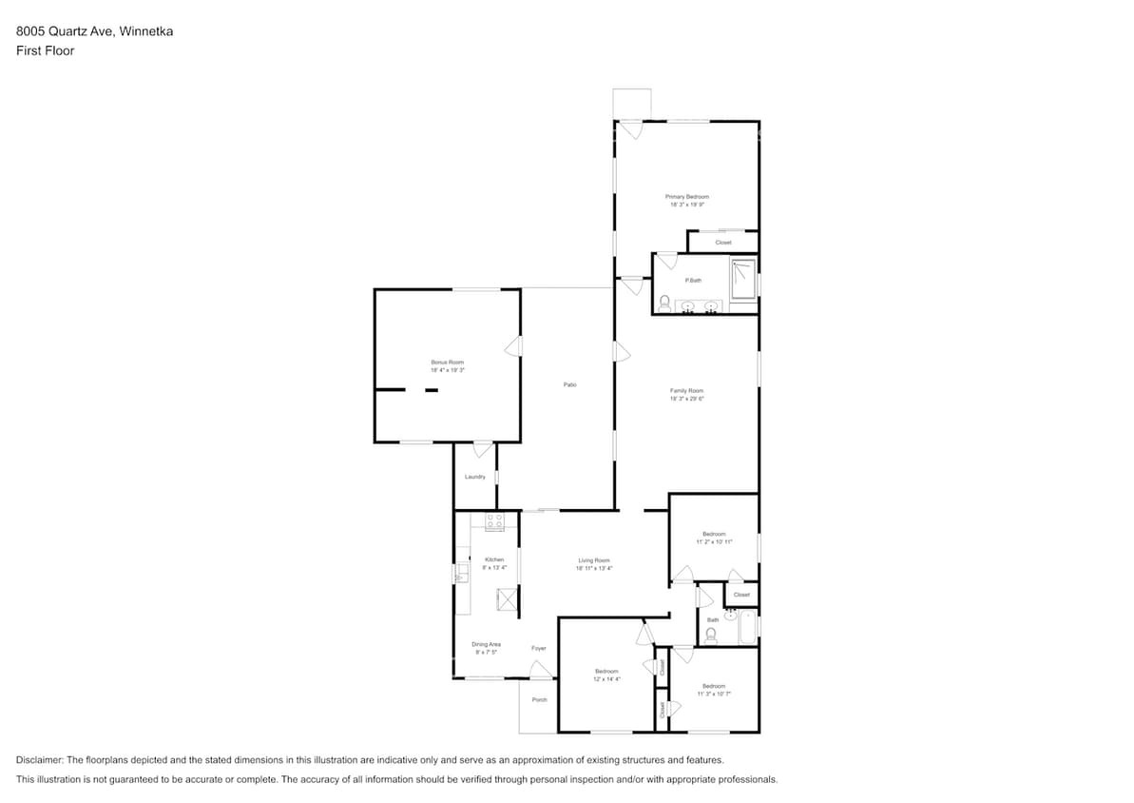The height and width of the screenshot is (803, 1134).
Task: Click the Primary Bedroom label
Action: (686, 197)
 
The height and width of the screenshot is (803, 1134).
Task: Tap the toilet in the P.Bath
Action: (664, 304)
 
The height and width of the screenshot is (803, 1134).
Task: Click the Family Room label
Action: (686, 391)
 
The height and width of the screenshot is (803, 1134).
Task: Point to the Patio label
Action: (569, 384)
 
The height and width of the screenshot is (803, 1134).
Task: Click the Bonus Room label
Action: (447, 362)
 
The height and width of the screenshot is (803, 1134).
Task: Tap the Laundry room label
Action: (475, 477)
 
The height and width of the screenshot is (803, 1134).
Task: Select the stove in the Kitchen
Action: (494, 521)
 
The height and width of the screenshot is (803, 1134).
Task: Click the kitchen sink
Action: (462, 574)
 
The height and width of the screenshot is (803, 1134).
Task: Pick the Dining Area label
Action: (486, 644)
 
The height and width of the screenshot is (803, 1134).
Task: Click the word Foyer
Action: (539, 648)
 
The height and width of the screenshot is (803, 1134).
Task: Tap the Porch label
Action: (539, 699)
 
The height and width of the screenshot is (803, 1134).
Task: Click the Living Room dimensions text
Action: (594, 568)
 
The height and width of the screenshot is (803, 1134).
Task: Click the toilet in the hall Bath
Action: (710, 635)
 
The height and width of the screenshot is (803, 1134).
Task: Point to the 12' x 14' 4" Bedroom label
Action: (605, 672)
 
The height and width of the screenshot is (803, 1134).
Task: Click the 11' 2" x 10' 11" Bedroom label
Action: (714, 534)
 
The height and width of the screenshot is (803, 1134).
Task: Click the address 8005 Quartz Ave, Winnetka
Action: (94, 31)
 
